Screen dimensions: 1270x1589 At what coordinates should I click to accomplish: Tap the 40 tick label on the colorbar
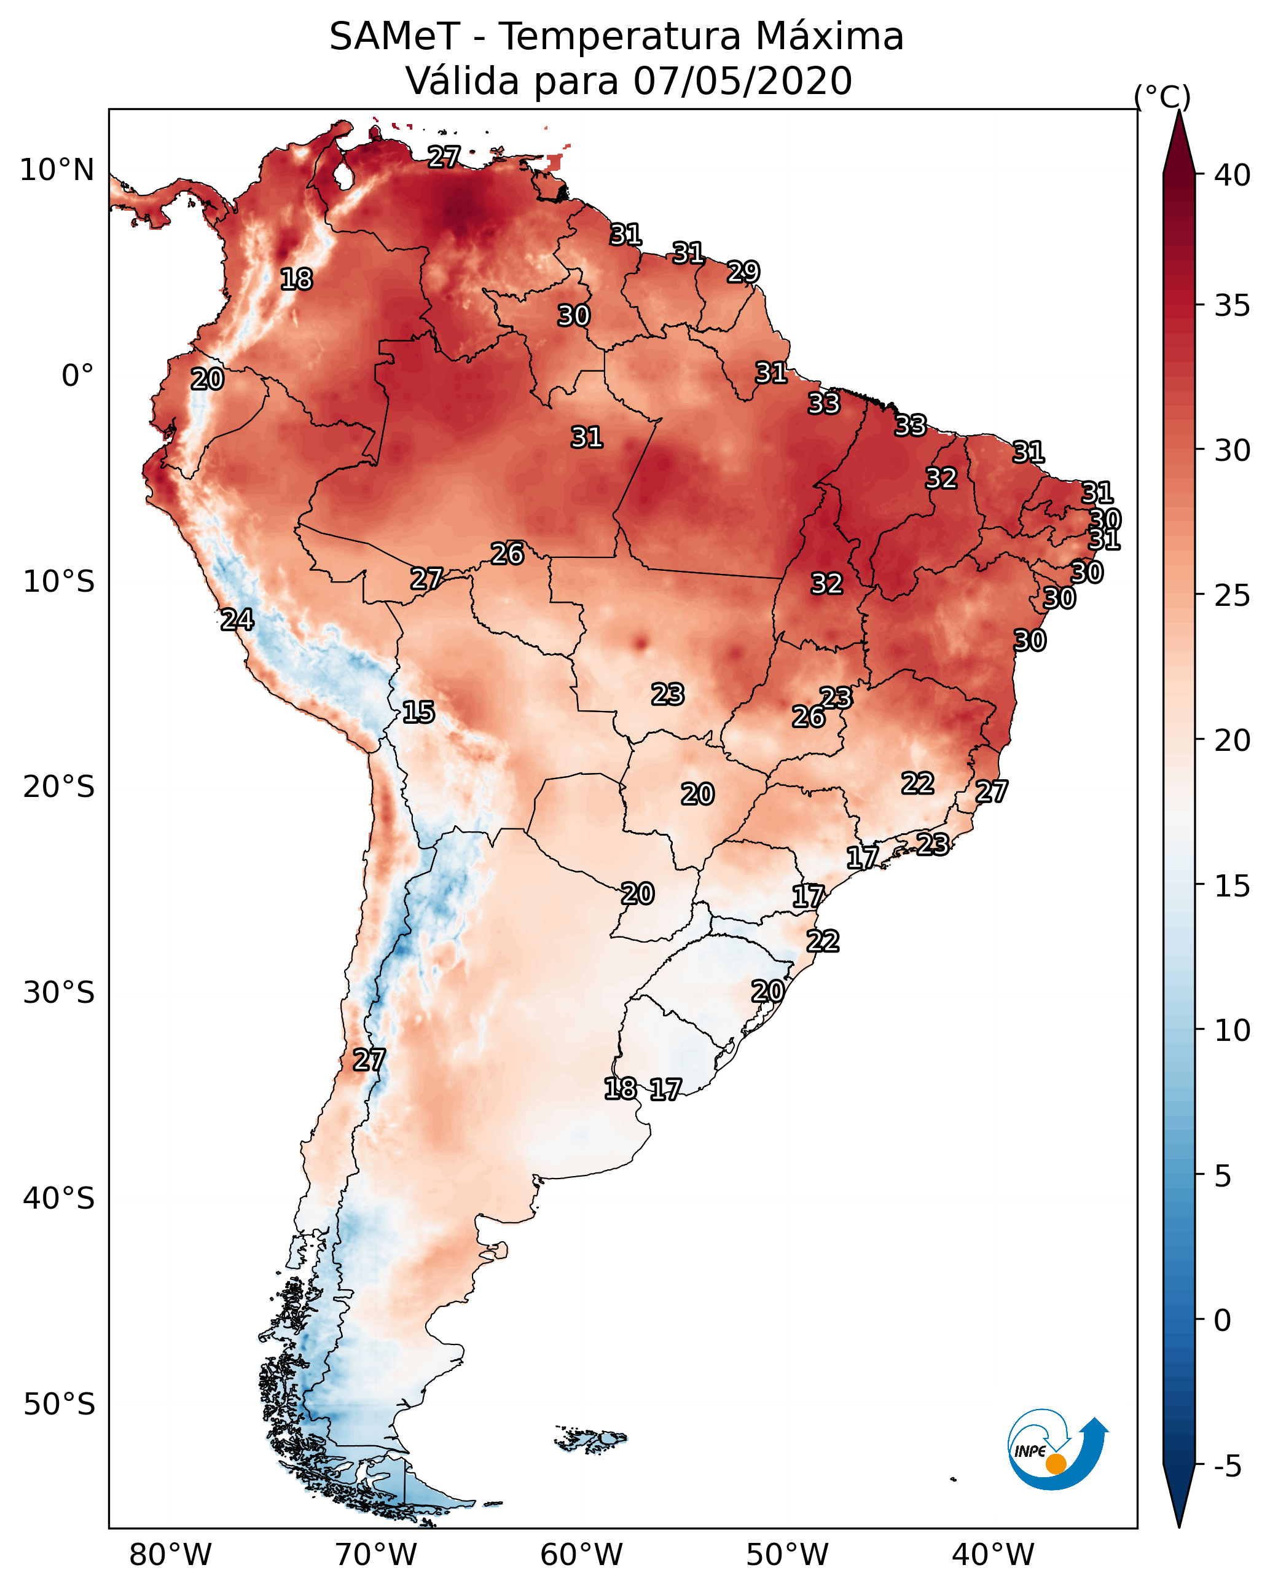click(x=1233, y=175)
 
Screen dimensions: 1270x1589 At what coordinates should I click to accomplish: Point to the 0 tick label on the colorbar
click(x=1223, y=1320)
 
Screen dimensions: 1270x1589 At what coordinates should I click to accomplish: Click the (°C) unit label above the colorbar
click(x=1162, y=96)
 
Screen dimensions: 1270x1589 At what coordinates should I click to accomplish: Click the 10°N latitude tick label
click(x=57, y=170)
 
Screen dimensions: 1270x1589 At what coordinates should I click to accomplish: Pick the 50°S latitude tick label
click(x=59, y=1405)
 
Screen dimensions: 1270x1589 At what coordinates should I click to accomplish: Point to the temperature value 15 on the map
click(x=418, y=712)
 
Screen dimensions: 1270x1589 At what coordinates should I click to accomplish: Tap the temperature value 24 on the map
click(x=237, y=619)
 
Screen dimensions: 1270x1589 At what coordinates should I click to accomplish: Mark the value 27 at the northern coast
click(x=444, y=156)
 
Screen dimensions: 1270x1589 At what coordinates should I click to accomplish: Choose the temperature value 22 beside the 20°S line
click(x=918, y=783)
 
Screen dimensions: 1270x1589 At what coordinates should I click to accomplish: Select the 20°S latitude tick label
click(x=59, y=787)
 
